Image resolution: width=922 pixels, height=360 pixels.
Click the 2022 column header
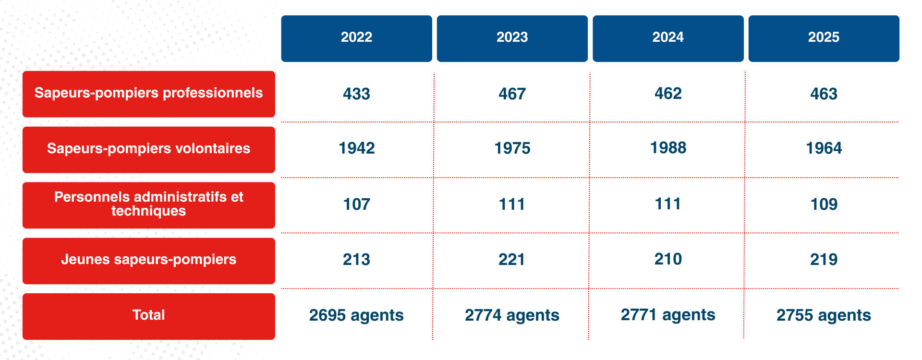point(356,38)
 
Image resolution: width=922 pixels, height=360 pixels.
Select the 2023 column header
point(512,38)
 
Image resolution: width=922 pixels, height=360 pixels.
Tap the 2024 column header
point(667,38)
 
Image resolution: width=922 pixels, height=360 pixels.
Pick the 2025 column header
point(824,38)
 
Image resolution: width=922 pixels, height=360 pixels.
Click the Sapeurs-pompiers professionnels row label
point(148,94)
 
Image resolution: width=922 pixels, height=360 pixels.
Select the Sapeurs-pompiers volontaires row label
point(148,149)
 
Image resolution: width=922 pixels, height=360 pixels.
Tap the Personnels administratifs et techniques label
point(148,204)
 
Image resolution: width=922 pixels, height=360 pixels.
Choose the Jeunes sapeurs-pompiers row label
point(148,260)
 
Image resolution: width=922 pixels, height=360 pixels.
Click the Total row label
point(148,316)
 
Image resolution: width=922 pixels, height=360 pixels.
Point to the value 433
point(356,94)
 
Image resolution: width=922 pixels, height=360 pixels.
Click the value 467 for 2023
point(512,94)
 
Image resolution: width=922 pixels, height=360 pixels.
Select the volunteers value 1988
point(668,148)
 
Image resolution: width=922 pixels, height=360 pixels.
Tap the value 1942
point(356,148)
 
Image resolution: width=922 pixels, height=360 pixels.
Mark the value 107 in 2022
point(356,204)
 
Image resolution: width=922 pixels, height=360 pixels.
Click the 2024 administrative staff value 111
point(668,204)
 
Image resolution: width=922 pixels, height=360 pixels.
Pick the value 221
point(512,260)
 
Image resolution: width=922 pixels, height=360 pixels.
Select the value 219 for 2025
point(824,260)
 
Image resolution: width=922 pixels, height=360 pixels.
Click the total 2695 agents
point(356,315)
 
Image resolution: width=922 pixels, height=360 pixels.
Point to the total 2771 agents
point(668,315)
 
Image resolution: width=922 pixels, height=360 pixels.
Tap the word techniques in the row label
point(148,211)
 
